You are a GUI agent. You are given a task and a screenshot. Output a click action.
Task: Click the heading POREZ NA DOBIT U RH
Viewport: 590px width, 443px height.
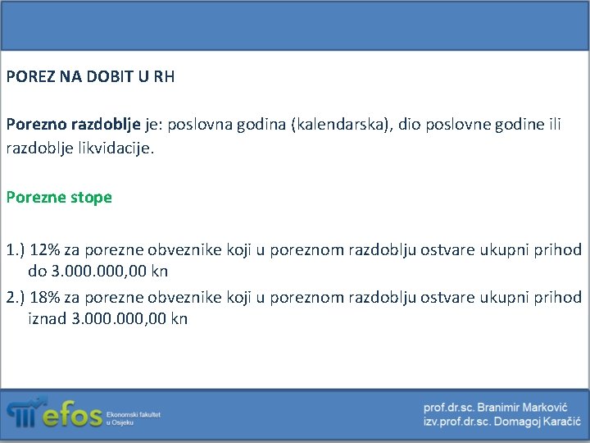[90, 78]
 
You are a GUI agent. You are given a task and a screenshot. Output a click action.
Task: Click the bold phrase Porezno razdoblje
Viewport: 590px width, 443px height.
[74, 126]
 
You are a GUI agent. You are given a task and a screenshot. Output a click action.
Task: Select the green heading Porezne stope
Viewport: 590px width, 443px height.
[59, 198]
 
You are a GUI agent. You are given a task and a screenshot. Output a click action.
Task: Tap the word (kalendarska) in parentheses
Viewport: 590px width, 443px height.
[338, 126]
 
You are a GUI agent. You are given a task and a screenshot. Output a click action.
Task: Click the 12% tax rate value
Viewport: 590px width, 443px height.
[48, 249]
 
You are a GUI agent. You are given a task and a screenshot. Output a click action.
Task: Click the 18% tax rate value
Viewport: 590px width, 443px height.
[48, 297]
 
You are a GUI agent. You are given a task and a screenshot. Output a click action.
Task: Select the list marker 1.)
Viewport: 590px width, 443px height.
[16, 249]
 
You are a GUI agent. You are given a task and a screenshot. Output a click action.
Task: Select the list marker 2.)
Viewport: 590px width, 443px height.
[16, 297]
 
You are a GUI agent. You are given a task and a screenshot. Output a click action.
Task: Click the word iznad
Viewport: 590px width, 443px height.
[48, 318]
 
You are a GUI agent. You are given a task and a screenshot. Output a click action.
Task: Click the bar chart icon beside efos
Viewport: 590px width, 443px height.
[22, 413]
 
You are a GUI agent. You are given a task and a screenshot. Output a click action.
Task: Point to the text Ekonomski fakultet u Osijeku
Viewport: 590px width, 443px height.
[134, 418]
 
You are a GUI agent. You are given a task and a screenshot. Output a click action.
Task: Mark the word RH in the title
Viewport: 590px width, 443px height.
[164, 78]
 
